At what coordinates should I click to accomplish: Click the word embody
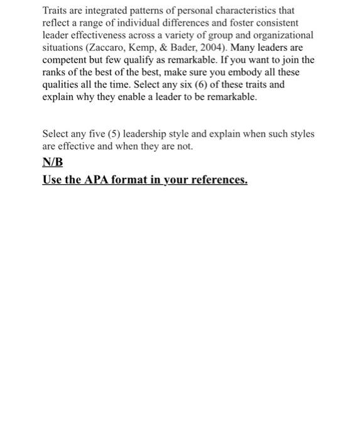[x=244, y=71]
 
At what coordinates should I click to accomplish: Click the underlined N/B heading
[x=53, y=162]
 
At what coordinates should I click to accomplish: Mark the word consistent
[x=276, y=23]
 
